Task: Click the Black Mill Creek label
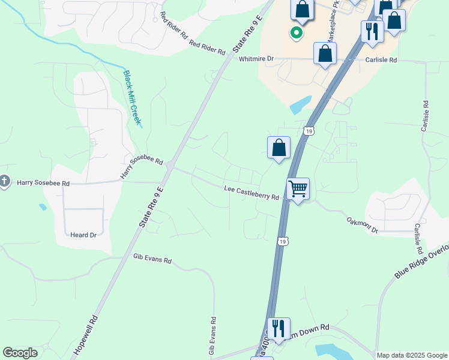pos(132,98)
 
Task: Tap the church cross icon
pos(4,181)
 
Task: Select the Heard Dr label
pos(83,235)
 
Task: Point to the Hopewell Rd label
pos(85,335)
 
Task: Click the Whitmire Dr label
pos(256,59)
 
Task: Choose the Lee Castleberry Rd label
pos(252,193)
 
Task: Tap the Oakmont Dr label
pos(363,226)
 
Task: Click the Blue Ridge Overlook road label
pos(421,262)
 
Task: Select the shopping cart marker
pos(298,190)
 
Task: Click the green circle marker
pos(295,32)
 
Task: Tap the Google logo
pos(20,353)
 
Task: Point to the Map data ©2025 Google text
pos(411,355)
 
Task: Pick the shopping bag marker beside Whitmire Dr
pos(325,53)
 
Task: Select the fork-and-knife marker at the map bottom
pos(279,329)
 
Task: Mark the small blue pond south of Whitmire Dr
pos(301,106)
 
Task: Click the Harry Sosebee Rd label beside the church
pos(43,182)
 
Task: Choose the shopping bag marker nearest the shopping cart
pos(279,148)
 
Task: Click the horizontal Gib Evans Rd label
pos(152,260)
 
